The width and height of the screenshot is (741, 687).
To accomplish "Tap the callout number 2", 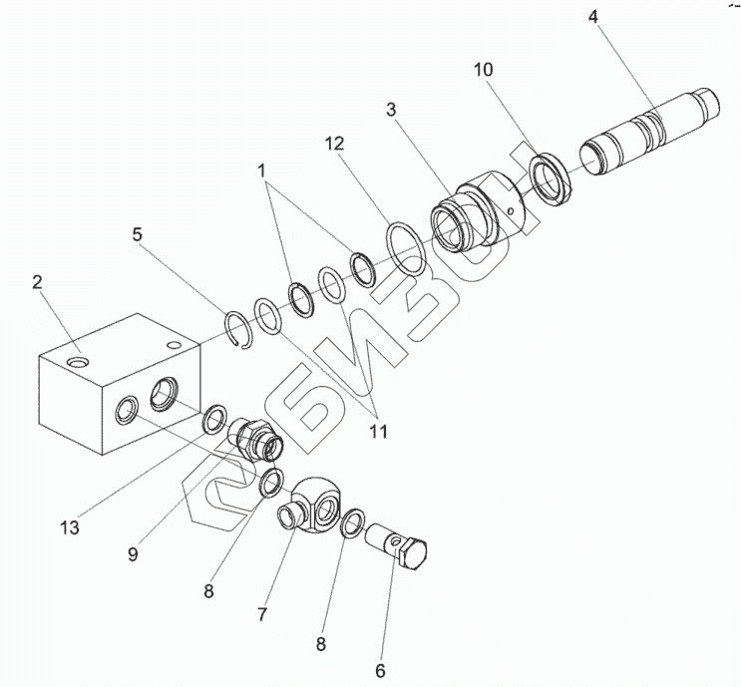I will pos(37,283).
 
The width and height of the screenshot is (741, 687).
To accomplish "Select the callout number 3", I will pos(392,109).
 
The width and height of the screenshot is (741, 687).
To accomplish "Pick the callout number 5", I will pos(138,235).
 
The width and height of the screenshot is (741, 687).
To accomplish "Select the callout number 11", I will pos(377,433).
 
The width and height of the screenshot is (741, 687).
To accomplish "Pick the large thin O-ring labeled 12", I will pos(407,248).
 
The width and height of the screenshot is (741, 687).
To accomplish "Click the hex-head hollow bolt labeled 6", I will pos(399,545).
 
